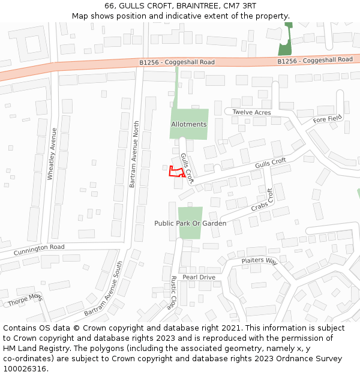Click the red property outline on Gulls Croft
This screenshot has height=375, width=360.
[x=175, y=172]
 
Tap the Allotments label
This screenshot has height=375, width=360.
[x=188, y=124]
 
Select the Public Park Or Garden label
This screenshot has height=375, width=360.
[x=190, y=223]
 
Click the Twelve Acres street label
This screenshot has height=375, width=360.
[x=251, y=112]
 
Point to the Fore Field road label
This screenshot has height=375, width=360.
[x=327, y=119]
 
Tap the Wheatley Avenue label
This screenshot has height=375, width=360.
[x=52, y=154]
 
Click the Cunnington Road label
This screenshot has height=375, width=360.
[x=39, y=247]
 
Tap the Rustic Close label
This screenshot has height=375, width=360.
[x=172, y=292]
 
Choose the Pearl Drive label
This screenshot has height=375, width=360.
[x=199, y=277]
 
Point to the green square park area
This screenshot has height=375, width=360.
[x=190, y=221]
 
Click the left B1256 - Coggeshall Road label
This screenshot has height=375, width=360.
[x=176, y=62]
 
